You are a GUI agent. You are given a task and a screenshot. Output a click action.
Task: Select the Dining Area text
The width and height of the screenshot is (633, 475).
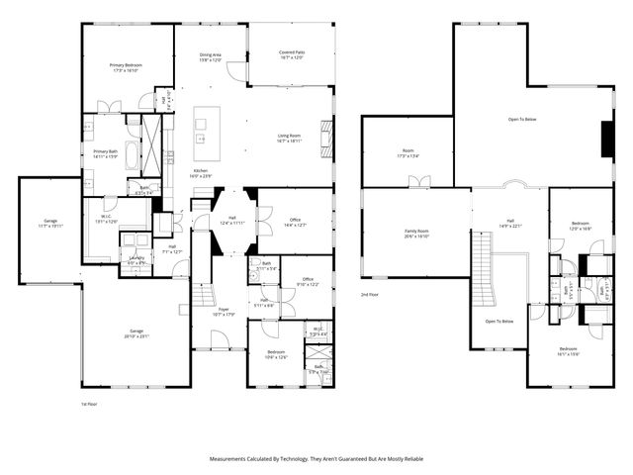tap(211, 55)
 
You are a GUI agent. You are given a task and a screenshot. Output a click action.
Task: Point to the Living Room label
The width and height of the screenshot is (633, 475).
tap(289, 138)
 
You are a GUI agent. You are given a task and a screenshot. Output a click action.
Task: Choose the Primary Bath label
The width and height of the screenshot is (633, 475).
tap(106, 153)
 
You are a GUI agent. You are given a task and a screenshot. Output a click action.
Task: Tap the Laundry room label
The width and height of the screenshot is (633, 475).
tap(136, 260)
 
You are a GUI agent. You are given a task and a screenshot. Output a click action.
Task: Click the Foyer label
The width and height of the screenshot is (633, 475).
tap(225, 312)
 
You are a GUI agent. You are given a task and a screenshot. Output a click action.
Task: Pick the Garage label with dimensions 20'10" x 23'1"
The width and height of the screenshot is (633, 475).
tap(136, 332)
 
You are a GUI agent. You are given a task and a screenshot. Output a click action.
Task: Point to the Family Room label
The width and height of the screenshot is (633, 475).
tap(416, 232)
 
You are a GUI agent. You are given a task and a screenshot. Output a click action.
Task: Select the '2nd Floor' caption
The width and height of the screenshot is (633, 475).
tap(369, 295)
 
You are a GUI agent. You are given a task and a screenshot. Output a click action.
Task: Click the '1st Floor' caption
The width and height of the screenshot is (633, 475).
tap(89, 404)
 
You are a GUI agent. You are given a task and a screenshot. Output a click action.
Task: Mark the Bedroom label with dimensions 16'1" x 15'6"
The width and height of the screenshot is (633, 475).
tap(568, 351)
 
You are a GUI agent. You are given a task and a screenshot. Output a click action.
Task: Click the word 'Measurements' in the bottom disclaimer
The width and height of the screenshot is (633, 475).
tap(230, 459)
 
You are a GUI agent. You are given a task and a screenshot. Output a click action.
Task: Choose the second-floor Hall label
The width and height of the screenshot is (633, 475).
tap(510, 223)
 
